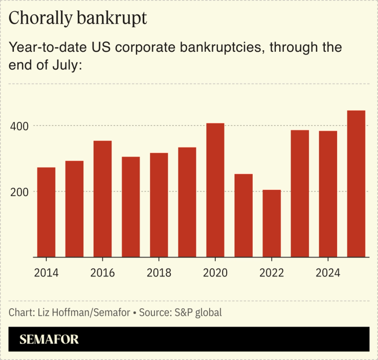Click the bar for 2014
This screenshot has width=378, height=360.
pos(46,212)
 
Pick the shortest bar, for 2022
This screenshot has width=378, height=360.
pos(272,223)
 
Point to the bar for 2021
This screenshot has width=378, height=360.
pos(243,215)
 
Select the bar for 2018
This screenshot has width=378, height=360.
pos(159,205)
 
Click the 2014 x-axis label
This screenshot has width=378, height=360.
pos(46,273)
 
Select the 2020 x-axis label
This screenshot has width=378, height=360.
pos(215,273)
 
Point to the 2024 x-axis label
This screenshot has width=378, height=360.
pos(328,273)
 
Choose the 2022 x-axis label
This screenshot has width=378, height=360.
pos(272,273)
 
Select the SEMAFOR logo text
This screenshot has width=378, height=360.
pos(49,339)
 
